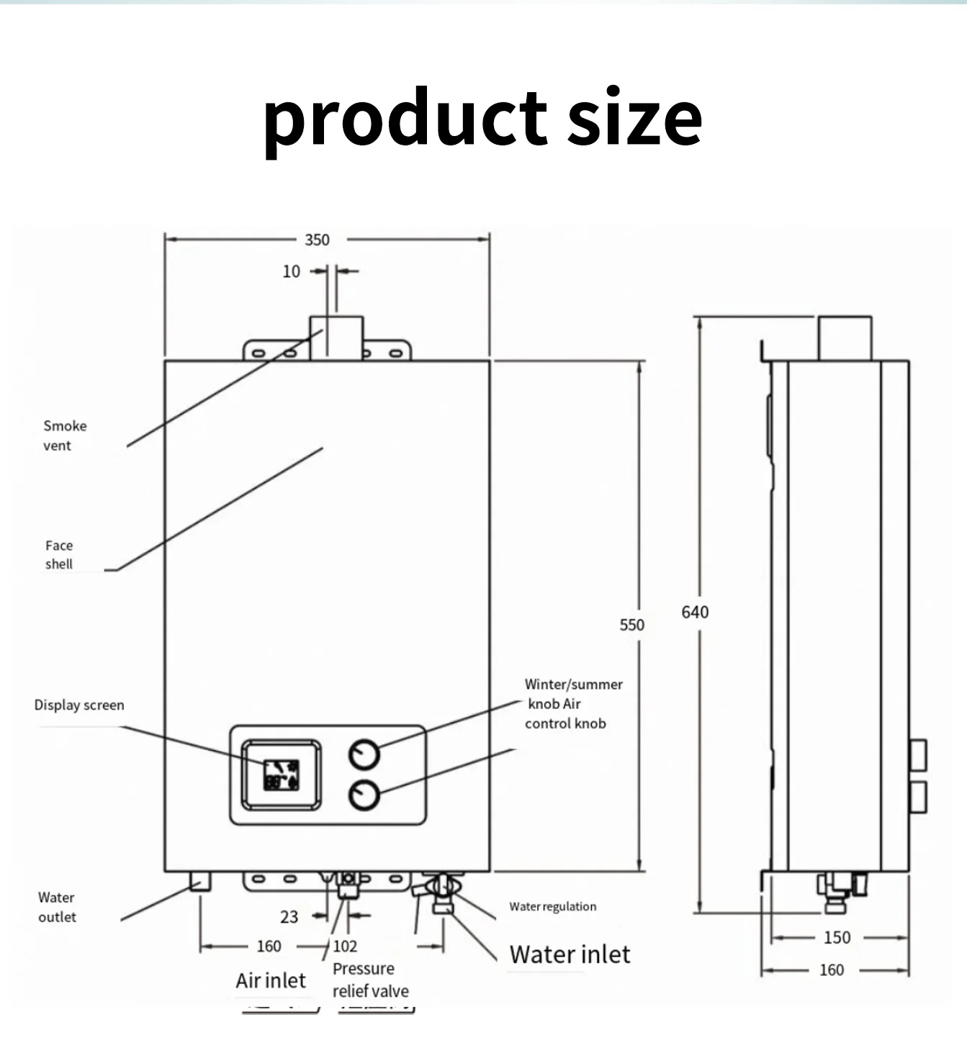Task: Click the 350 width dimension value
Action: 317,240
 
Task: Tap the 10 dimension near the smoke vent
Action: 291,271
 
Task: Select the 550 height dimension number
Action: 631,625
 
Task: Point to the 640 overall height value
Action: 695,612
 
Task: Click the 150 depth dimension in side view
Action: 837,937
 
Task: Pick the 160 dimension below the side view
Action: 831,970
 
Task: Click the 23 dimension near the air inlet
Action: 289,916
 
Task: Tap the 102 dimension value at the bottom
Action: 345,946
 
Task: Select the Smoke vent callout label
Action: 64,435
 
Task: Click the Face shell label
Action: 59,555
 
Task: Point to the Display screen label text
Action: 79,705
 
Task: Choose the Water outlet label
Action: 57,907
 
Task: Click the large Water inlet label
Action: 570,954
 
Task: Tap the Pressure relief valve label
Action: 370,980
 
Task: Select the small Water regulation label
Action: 552,906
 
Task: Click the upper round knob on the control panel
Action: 364,754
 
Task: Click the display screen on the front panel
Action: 282,775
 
